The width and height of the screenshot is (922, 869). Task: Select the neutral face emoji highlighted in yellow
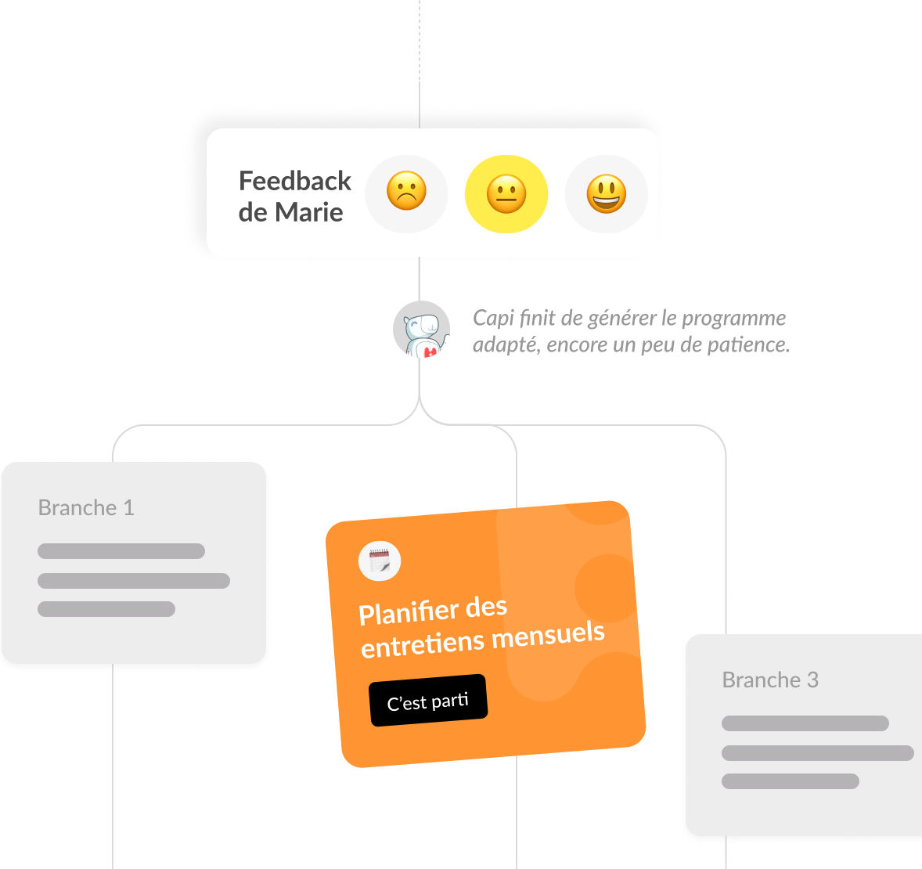click(506, 193)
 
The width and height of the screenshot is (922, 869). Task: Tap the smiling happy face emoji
click(607, 193)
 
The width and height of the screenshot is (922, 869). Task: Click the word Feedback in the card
click(295, 181)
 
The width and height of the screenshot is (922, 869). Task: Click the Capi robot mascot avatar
click(421, 330)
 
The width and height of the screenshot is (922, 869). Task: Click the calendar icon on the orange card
click(380, 561)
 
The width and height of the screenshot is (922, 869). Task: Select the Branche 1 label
click(86, 508)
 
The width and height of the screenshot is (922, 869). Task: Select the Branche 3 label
click(770, 680)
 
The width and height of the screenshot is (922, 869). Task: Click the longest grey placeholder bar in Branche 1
click(134, 581)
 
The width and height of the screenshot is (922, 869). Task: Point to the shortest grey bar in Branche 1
click(106, 609)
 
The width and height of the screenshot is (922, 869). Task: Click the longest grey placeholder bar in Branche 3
click(817, 753)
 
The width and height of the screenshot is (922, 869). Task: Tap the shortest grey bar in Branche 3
click(791, 781)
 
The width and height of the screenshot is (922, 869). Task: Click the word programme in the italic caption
click(733, 319)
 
